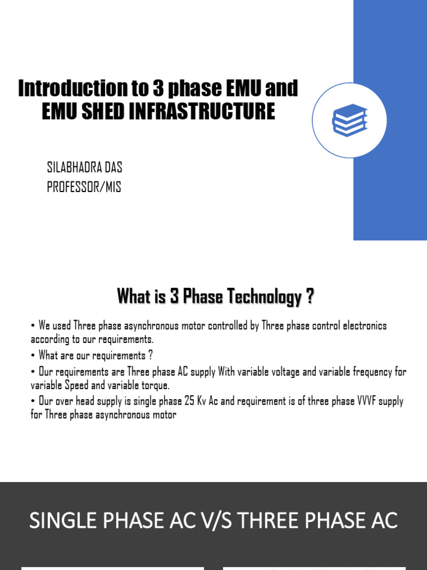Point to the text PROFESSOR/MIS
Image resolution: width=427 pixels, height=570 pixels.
pyautogui.click(x=83, y=187)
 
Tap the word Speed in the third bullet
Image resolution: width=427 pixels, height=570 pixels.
pyautogui.click(x=76, y=385)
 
